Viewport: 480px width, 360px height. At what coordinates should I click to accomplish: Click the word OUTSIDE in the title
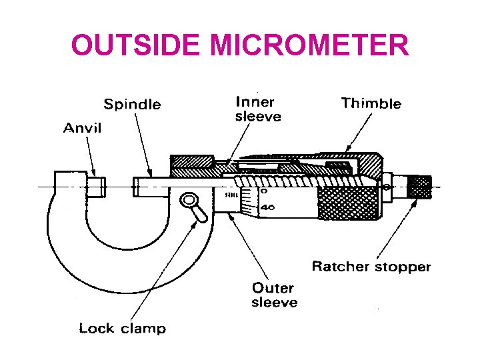point(135,45)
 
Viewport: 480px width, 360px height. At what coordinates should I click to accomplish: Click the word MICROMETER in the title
point(309,45)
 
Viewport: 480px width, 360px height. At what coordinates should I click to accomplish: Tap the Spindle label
point(132,105)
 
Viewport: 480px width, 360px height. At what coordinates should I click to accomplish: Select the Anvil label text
point(82,128)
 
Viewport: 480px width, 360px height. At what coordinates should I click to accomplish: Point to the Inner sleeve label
point(258,109)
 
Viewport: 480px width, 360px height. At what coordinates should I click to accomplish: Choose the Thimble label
point(371,103)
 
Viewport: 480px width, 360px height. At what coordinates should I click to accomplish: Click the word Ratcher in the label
point(340,267)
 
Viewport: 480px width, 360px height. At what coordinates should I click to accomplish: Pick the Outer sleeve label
point(274,295)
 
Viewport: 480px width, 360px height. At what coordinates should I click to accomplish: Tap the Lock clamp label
point(122,328)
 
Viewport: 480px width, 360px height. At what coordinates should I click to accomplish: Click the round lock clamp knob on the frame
point(189,200)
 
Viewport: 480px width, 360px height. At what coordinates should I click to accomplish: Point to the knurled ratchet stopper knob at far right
point(420,186)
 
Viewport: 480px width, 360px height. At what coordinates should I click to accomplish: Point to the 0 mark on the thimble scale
point(264,191)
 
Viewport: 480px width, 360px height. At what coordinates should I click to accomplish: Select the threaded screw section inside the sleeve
point(293,179)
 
